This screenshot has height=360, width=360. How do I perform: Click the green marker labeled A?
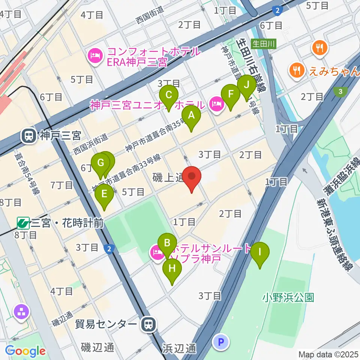coord(191,116)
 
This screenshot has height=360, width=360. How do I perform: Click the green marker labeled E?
coord(104,195)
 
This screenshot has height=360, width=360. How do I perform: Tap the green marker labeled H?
coord(172,269)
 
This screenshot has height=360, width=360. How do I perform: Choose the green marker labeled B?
coord(167,243)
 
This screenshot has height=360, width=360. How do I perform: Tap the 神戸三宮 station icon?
coord(29,136)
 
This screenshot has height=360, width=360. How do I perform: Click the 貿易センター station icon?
coord(149,324)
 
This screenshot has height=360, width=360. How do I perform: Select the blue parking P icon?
coord(220,342)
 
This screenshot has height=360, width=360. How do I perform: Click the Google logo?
coord(25,351)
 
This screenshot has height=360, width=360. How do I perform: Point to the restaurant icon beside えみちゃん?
coord(297,70)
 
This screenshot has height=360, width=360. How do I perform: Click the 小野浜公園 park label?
coord(288,298)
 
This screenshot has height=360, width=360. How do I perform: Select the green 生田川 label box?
coord(264,44)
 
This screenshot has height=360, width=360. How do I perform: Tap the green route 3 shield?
coord(340,91)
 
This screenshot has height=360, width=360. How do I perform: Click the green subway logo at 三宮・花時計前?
coord(23,223)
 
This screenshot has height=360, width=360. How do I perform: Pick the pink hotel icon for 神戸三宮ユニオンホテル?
coord(216,103)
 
